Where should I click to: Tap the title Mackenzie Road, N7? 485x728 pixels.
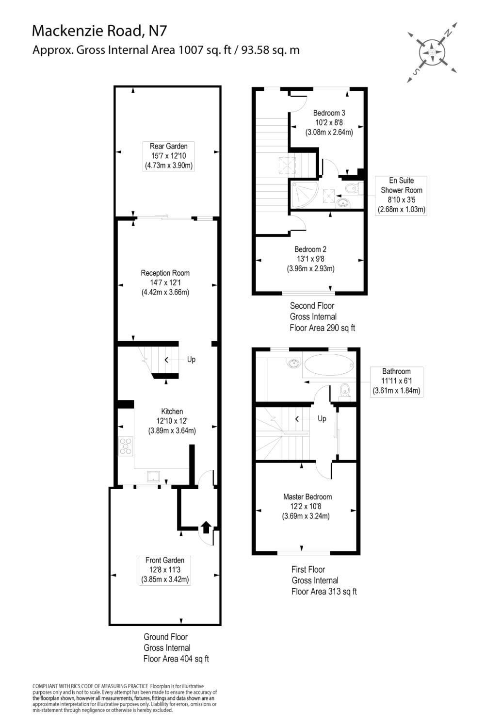[99, 31]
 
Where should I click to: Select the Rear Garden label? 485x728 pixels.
[168, 146]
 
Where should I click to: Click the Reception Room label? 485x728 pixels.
[165, 273]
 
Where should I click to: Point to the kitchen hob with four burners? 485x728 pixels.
[126, 446]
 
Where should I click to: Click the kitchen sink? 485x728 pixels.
[153, 477]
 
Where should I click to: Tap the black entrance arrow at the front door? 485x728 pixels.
[206, 527]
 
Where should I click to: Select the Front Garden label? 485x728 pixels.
[164, 560]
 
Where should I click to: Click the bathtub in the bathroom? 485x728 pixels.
[328, 364]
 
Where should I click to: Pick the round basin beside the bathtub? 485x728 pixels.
[293, 362]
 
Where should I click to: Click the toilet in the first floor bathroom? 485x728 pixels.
[345, 389]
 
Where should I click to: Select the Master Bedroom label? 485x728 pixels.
[307, 496]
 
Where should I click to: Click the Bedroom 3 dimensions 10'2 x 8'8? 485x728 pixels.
[329, 122]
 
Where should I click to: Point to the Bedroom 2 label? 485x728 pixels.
[310, 249]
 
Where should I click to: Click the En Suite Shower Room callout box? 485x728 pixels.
[402, 195]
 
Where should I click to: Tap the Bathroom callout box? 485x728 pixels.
[396, 381]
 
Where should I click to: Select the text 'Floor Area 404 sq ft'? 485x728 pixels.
[176, 659]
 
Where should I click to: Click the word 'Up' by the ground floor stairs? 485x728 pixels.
[191, 360]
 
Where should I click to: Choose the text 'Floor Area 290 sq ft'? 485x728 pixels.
[322, 328]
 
